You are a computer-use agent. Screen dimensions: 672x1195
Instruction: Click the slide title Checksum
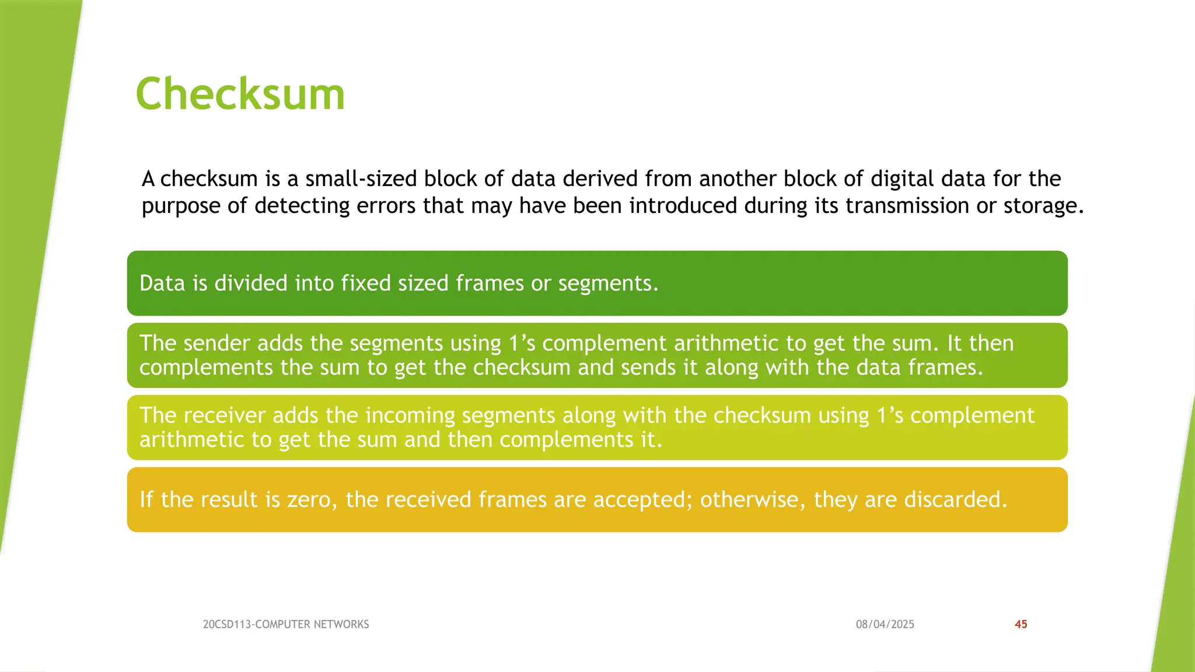(240, 94)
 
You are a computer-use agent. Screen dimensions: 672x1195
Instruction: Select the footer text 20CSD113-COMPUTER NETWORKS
(286, 624)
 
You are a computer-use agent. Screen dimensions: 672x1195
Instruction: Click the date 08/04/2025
(885, 624)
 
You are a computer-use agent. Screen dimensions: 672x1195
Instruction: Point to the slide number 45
(1021, 624)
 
